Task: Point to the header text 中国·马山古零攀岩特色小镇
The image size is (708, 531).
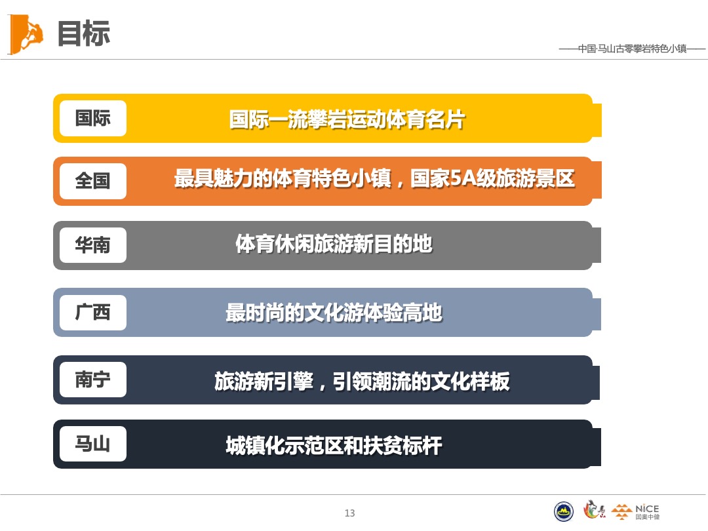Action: click(x=632, y=49)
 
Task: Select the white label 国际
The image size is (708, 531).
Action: click(x=92, y=118)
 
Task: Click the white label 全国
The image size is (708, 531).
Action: click(x=92, y=181)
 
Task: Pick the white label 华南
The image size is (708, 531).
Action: click(x=92, y=245)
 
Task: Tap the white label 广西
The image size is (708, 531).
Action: click(x=92, y=312)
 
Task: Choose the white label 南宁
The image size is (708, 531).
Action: click(x=92, y=380)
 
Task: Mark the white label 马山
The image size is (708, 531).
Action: click(x=92, y=444)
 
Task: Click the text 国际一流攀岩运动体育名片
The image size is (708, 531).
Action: click(x=347, y=120)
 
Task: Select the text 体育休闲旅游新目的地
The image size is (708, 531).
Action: click(x=334, y=244)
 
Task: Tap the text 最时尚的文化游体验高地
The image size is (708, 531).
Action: click(x=334, y=313)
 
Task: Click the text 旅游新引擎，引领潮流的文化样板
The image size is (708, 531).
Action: click(x=362, y=381)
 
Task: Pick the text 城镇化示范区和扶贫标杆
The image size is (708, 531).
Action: click(x=334, y=446)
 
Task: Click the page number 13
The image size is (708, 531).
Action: click(x=349, y=513)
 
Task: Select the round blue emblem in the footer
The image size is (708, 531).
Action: click(x=564, y=511)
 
